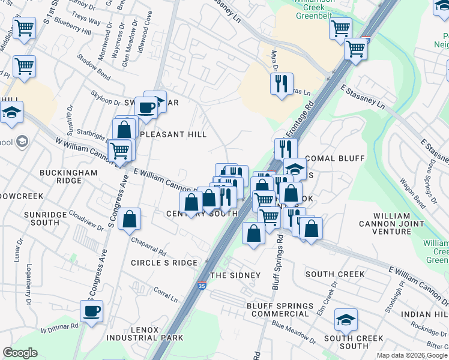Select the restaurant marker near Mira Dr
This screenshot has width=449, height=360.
282,83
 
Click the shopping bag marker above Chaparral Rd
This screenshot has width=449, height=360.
130,220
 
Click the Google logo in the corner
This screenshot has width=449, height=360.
20,353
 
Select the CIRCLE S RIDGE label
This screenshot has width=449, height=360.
164,263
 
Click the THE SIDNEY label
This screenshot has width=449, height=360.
235,275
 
